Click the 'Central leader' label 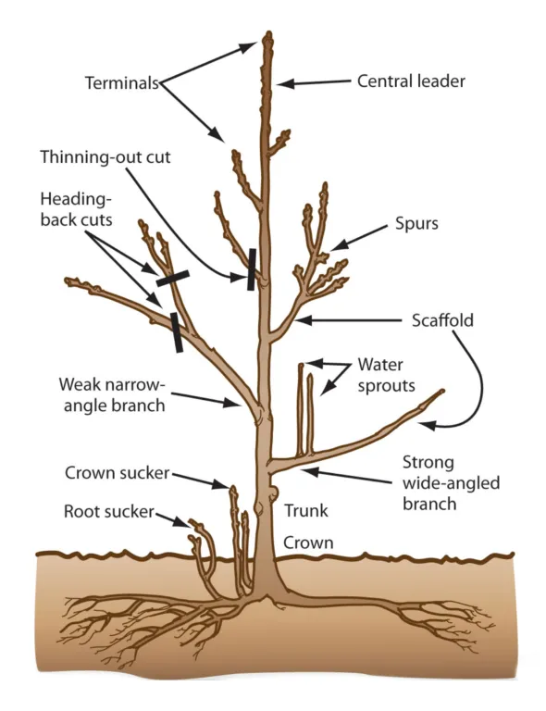pyautogui.click(x=411, y=81)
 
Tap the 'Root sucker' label pyautogui.click(x=107, y=511)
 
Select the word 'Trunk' pyautogui.click(x=305, y=510)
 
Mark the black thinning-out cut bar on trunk pyautogui.click(x=251, y=269)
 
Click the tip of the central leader pyautogui.click(x=267, y=37)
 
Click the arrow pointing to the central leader pyautogui.click(x=315, y=83)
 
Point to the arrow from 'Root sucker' pyautogui.click(x=170, y=518)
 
